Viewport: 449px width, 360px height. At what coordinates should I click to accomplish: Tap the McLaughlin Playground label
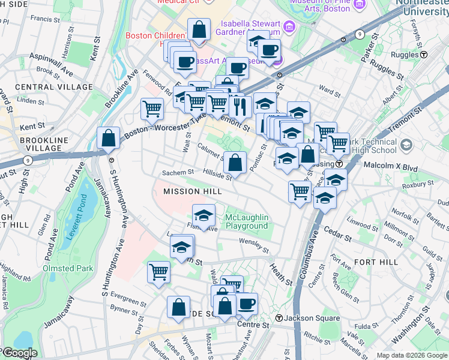(x=246, y=221)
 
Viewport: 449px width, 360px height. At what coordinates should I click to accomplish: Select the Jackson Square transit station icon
(x=279, y=317)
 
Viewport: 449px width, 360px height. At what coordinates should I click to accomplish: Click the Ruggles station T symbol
(x=424, y=54)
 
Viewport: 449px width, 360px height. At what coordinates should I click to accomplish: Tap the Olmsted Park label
(x=67, y=268)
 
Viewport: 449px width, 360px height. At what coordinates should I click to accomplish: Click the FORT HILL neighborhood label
(x=376, y=262)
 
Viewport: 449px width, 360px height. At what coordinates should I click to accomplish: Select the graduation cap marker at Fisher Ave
(x=204, y=215)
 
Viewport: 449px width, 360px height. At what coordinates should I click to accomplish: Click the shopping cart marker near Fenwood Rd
(x=152, y=109)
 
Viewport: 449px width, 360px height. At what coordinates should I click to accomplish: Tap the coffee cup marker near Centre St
(x=246, y=304)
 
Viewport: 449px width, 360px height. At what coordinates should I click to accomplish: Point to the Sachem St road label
(x=177, y=173)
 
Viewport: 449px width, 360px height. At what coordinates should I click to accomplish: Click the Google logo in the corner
(x=19, y=353)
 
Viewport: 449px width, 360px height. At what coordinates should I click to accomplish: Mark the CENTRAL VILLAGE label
(x=54, y=87)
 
